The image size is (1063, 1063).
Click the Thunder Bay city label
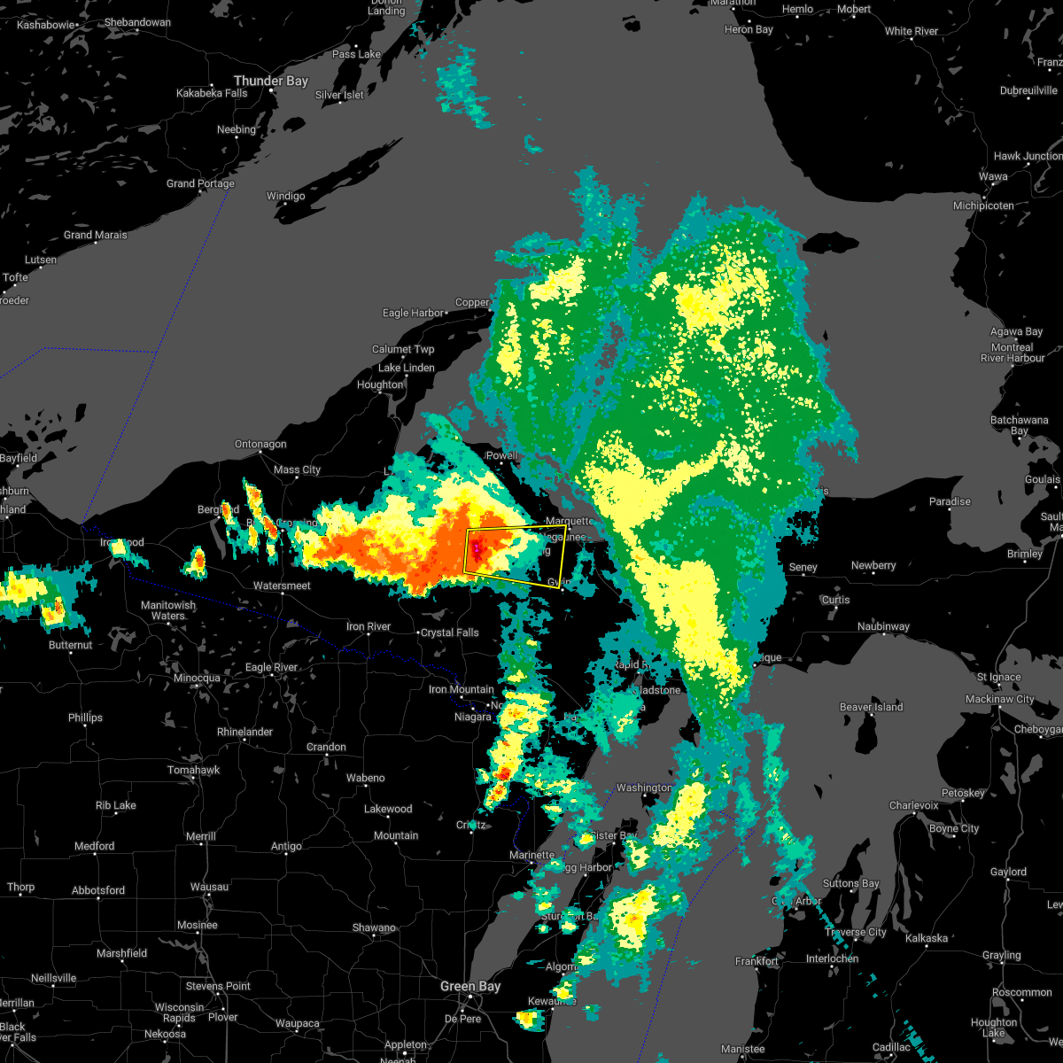tap(270, 81)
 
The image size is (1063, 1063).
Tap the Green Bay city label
tap(470, 986)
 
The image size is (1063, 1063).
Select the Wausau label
tap(209, 887)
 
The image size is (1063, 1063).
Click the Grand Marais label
tap(95, 235)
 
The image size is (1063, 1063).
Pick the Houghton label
tap(380, 384)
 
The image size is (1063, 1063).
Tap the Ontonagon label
tap(260, 444)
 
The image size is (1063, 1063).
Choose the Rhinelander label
tap(244, 732)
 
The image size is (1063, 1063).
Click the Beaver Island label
tap(871, 707)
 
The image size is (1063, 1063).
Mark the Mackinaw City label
tap(1000, 699)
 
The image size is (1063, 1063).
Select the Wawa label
tap(993, 176)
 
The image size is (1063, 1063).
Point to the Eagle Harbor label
tap(414, 313)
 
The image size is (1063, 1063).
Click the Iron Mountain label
tap(461, 689)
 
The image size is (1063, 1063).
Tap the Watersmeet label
tap(282, 586)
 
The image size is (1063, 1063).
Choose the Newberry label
tap(873, 565)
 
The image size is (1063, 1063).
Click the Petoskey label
tap(964, 793)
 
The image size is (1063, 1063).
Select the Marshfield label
tap(121, 953)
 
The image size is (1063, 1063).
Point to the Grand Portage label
tap(200, 183)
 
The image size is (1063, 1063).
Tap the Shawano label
tap(373, 927)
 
